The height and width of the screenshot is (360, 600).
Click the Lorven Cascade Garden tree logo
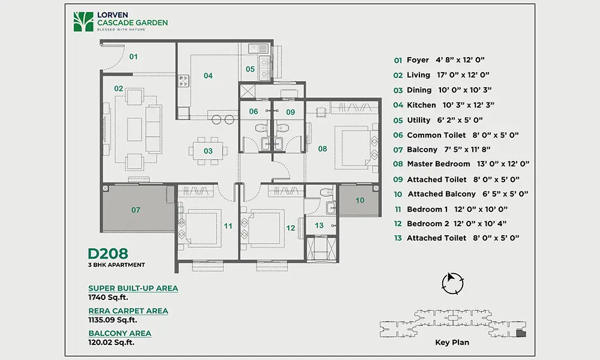[x=83, y=22]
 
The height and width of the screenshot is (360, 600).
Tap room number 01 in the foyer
[x=133, y=56]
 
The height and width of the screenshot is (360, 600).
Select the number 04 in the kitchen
[x=208, y=76]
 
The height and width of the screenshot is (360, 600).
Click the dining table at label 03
[x=208, y=151]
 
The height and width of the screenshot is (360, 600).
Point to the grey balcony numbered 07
[x=136, y=209]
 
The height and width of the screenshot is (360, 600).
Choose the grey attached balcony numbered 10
[x=359, y=200]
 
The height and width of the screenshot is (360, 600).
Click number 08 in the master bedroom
[x=323, y=149]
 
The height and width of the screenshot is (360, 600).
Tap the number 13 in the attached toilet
[x=319, y=226]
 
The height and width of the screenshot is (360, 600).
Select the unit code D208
[x=108, y=253]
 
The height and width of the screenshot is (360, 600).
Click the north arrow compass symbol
[x=452, y=283]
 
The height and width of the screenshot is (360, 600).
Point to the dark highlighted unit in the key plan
[x=521, y=333]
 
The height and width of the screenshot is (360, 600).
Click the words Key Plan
[x=452, y=343]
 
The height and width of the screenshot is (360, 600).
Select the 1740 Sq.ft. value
[x=108, y=297]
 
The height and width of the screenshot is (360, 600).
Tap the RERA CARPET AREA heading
[x=128, y=311]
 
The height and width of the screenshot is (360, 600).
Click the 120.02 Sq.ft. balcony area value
[x=112, y=343]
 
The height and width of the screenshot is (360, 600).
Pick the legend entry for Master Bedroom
[x=461, y=164]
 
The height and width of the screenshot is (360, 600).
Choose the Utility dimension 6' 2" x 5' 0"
[x=460, y=120]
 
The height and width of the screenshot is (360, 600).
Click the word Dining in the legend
[x=419, y=90]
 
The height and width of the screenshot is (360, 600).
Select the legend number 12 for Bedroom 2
[x=398, y=224]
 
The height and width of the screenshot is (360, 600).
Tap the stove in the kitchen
[x=184, y=81]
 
